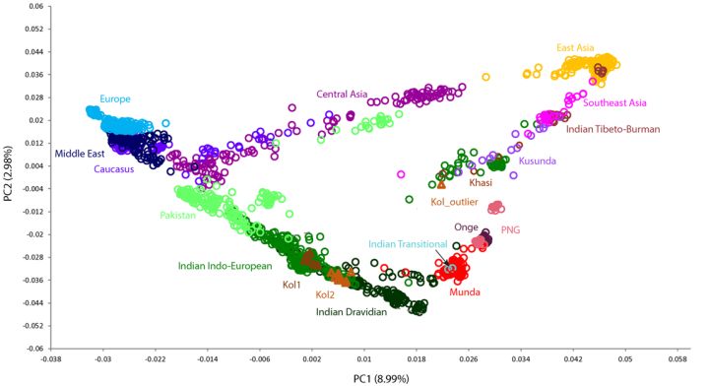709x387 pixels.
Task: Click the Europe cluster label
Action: click(115, 99)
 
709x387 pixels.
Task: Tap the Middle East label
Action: click(80, 154)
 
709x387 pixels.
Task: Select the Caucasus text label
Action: click(114, 169)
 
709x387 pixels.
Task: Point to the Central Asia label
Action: click(342, 95)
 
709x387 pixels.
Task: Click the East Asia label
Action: click(575, 48)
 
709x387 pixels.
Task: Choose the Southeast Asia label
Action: click(614, 103)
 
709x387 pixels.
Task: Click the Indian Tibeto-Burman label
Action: click(613, 129)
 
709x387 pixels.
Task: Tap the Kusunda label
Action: click(538, 161)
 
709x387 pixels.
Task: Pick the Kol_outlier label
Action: click(454, 202)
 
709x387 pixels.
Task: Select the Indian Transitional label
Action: click(408, 244)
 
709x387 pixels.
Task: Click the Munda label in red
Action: click(465, 292)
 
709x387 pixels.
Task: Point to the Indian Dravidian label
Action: click(352, 312)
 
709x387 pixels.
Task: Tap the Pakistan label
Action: click(177, 216)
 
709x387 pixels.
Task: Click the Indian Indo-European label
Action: click(225, 266)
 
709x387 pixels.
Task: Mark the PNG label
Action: click(510, 230)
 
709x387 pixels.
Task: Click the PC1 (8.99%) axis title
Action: click(381, 378)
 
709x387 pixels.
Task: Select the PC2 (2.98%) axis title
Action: click(8, 174)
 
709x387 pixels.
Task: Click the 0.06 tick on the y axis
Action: click(36, 6)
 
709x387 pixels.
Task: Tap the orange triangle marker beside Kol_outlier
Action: click(441, 184)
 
